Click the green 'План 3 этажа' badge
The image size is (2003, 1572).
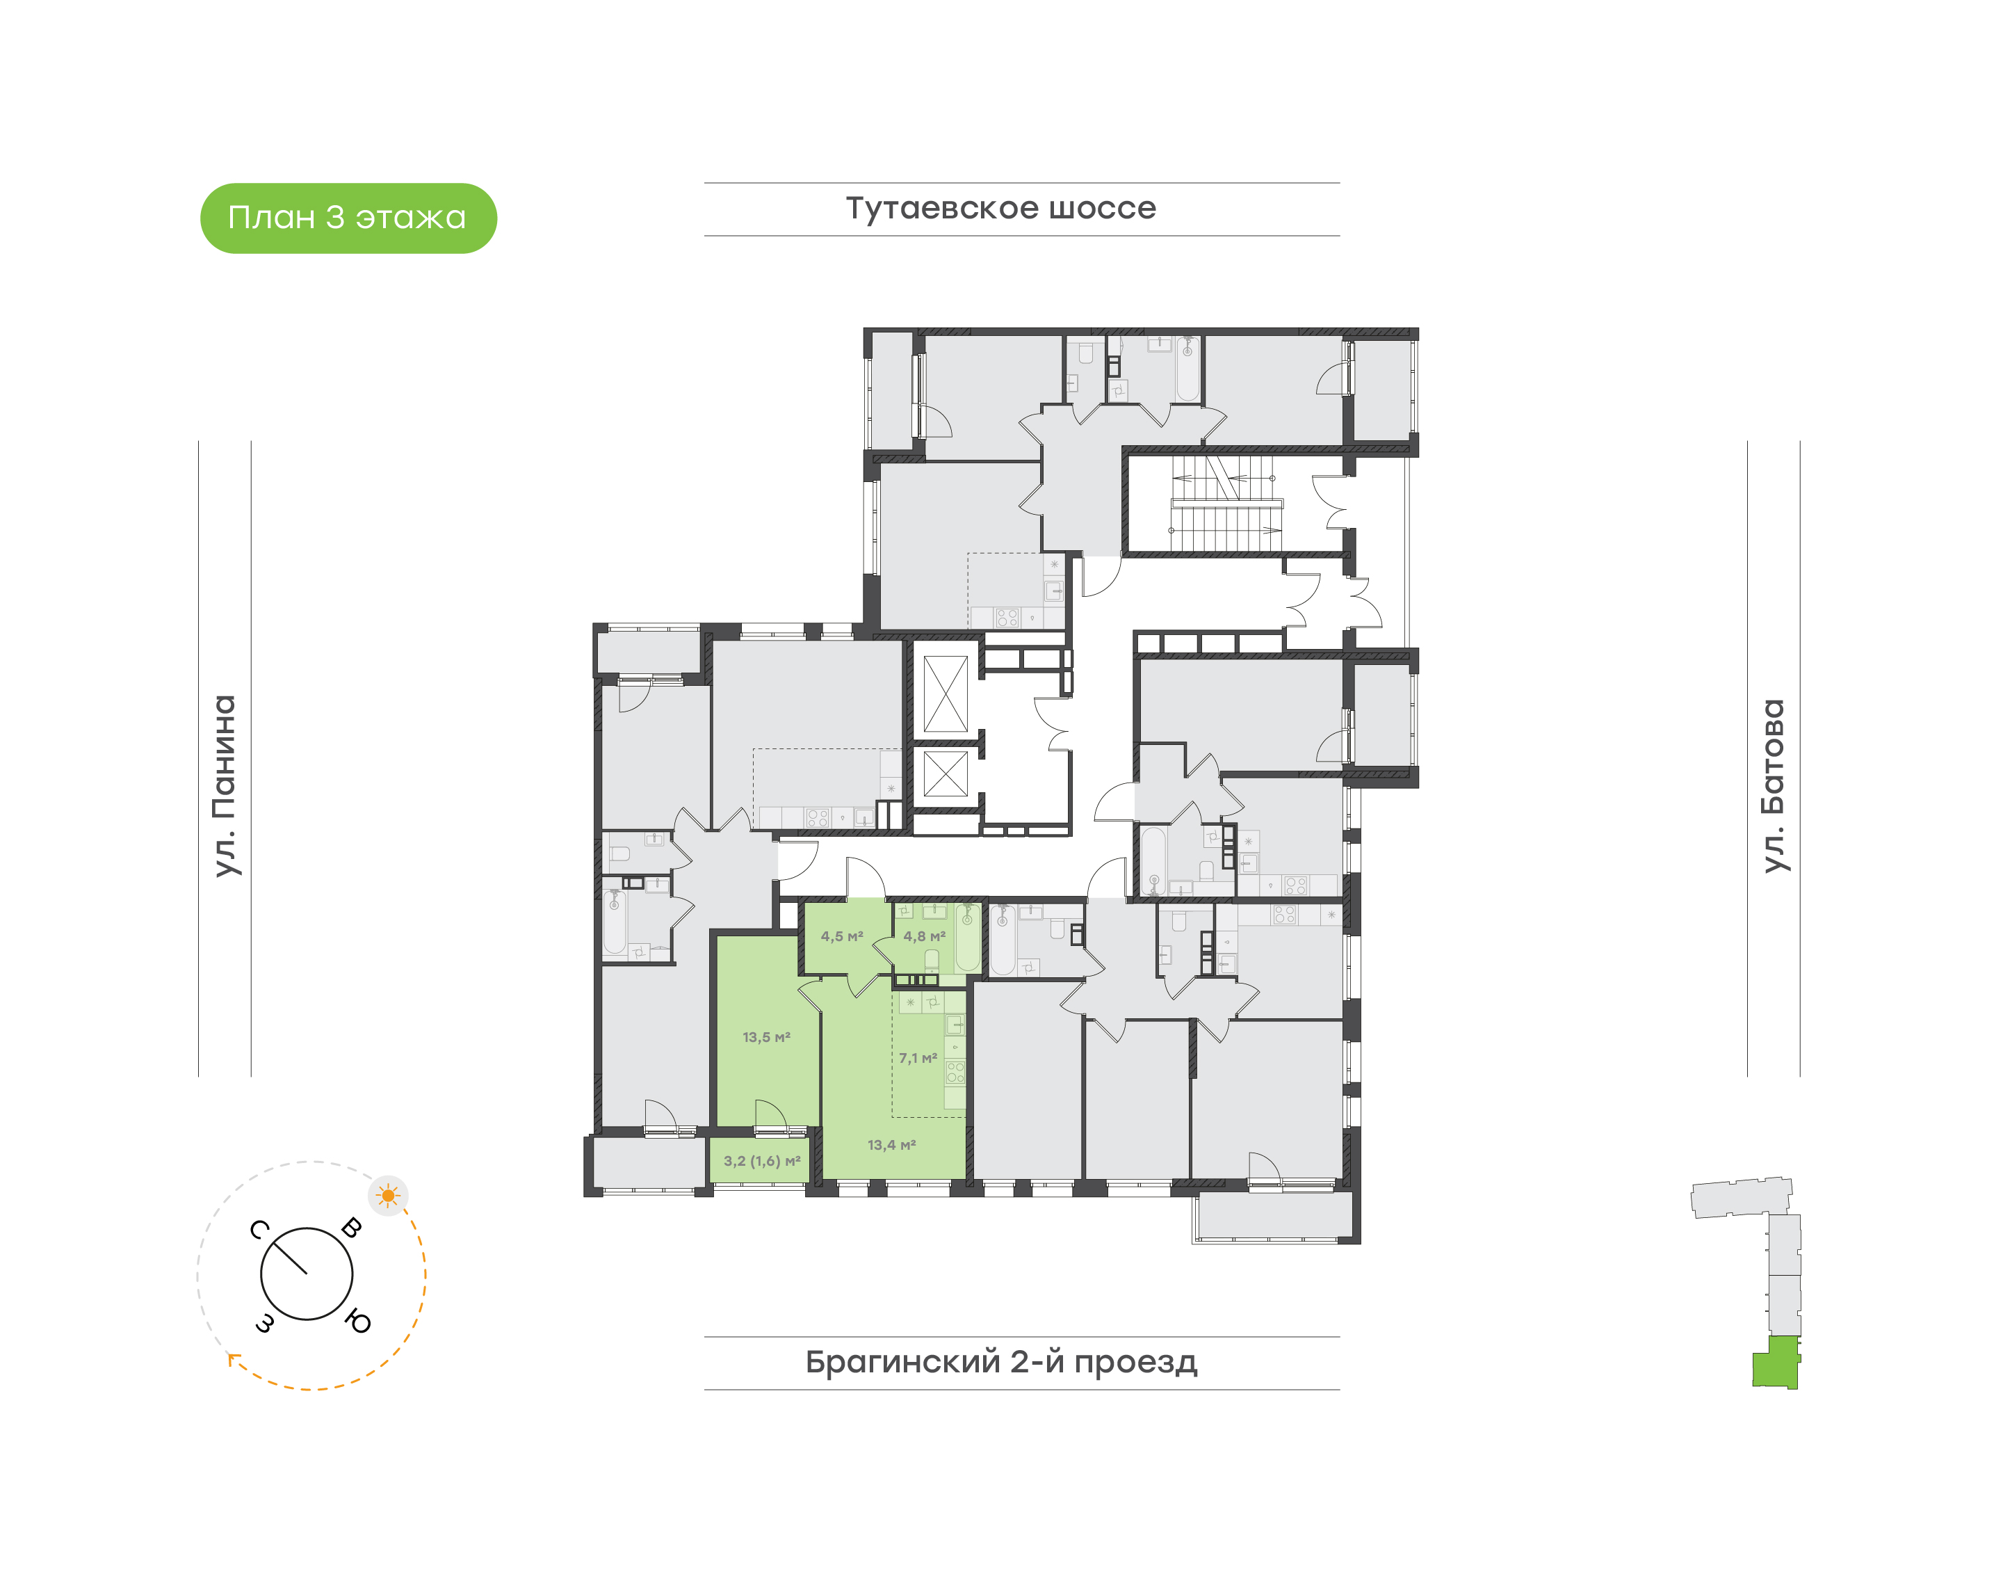point(348,218)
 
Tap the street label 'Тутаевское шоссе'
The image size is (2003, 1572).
point(1000,208)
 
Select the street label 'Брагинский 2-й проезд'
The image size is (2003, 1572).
point(1001,1361)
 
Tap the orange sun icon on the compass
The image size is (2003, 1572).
point(388,1196)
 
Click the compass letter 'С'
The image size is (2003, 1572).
point(259,1230)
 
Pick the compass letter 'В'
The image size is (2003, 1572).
point(352,1227)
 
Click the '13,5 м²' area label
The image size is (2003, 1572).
point(766,1037)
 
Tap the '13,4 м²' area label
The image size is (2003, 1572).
point(891,1145)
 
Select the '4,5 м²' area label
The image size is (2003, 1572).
point(842,936)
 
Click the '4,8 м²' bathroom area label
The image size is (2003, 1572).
point(924,936)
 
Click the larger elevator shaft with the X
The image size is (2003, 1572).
point(945,694)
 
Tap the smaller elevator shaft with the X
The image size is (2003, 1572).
point(945,773)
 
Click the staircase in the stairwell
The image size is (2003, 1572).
point(1224,504)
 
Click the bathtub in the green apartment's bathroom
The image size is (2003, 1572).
point(967,938)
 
